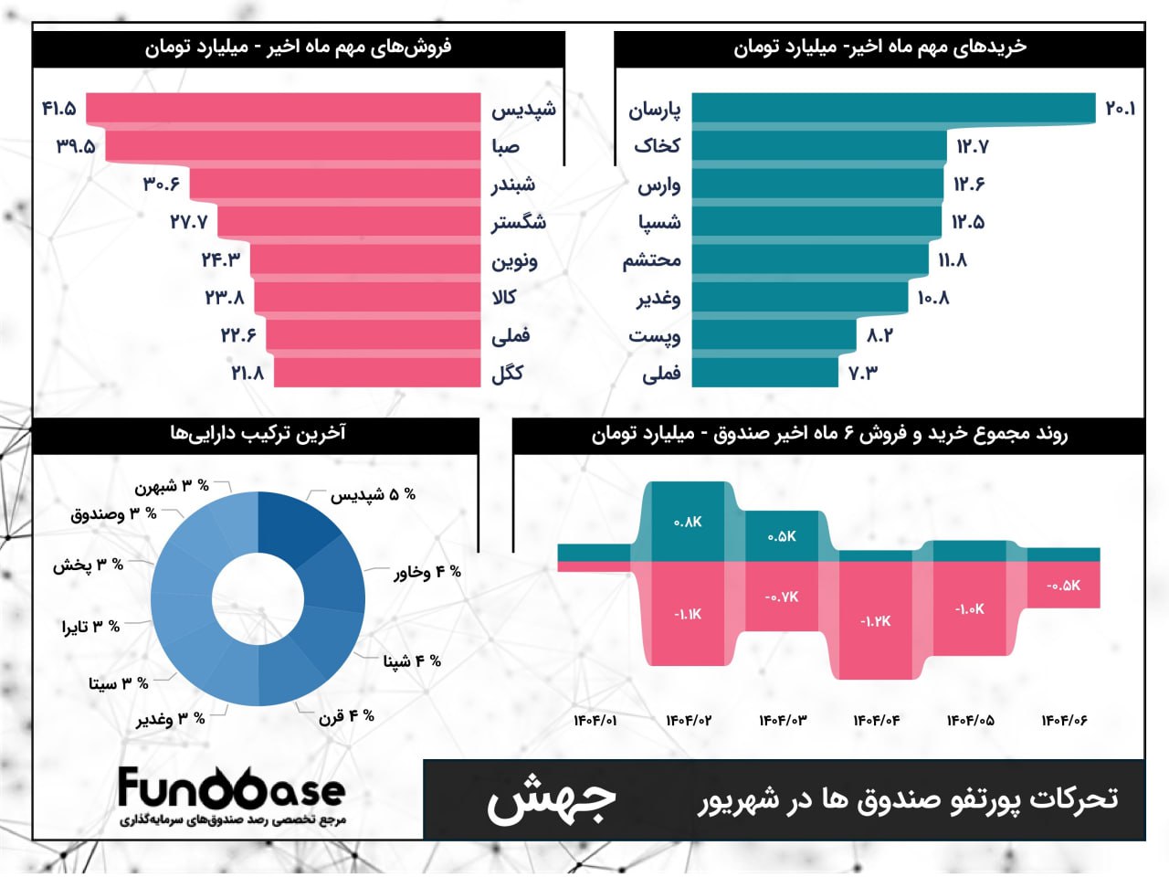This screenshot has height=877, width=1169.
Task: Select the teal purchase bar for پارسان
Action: [893, 109]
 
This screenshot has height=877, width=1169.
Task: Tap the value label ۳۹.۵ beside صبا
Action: [76, 146]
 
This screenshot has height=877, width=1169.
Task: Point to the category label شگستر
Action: [519, 222]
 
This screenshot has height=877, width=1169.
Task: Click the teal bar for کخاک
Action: [819, 146]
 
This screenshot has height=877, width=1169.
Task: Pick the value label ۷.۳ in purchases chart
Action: [863, 373]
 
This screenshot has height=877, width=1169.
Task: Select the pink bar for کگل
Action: [377, 373]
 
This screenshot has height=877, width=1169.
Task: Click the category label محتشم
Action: [652, 260]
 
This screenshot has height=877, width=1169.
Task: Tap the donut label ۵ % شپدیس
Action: [373, 494]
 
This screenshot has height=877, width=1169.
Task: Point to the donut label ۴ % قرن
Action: [346, 716]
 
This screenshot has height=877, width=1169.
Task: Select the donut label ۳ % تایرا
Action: [90, 627]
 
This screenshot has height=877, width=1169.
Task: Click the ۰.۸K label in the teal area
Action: [688, 522]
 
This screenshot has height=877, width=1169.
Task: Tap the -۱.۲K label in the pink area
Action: [875, 621]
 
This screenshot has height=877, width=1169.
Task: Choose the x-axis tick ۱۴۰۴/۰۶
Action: [1064, 721]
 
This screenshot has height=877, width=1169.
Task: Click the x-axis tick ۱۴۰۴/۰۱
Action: [595, 721]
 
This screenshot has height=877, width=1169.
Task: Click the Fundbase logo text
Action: [231, 787]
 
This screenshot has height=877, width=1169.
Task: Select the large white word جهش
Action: [551, 800]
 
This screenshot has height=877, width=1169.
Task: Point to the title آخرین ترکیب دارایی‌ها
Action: [258, 433]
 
